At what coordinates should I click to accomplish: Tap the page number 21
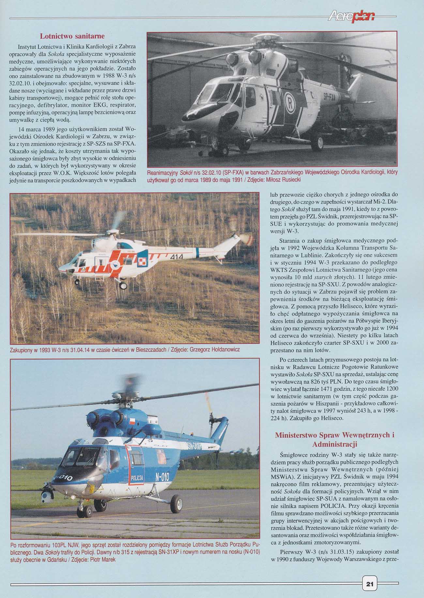tap(370, 584)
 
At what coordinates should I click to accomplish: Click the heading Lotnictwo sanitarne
tap(72, 36)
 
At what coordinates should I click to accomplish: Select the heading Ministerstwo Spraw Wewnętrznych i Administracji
tap(335, 439)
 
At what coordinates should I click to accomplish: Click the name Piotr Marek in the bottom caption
tap(104, 568)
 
